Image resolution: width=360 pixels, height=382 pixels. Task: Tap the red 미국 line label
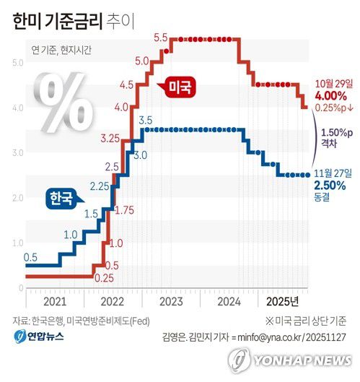click(x=180, y=86)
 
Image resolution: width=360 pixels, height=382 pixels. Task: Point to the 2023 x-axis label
click(x=170, y=300)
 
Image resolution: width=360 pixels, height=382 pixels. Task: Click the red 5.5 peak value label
click(x=160, y=38)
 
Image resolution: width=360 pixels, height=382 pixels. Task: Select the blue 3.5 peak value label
click(x=145, y=119)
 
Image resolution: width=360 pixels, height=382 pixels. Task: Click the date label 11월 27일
click(x=333, y=173)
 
